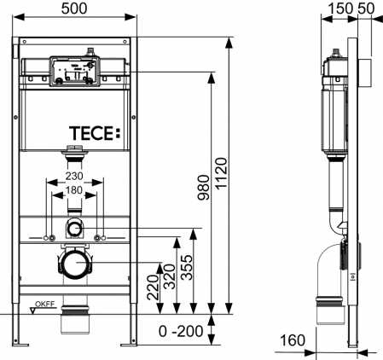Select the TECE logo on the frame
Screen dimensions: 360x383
point(96,133)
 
